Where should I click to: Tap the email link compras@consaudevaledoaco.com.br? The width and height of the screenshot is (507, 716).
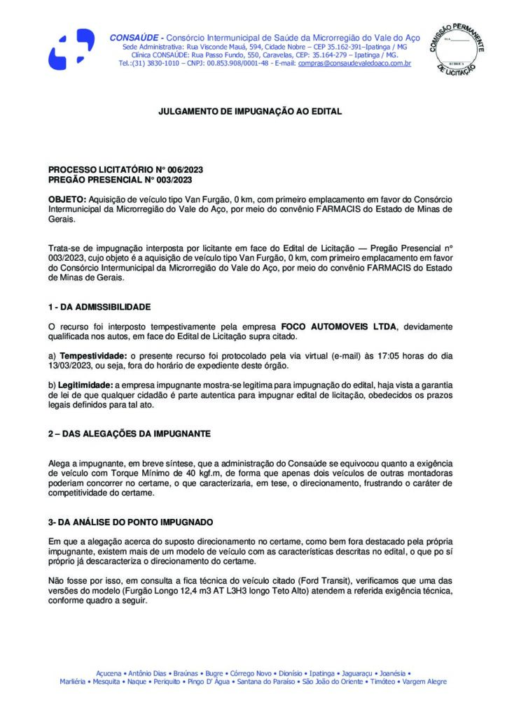click(354, 64)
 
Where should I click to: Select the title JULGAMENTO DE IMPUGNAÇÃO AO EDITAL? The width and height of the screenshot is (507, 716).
click(250, 111)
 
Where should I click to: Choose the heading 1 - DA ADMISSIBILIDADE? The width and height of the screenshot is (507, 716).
click(99, 307)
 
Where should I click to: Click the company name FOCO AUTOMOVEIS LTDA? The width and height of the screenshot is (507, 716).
click(339, 327)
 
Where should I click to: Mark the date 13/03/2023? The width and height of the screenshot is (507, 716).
click(73, 366)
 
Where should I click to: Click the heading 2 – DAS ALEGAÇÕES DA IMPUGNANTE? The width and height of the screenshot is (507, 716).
click(130, 434)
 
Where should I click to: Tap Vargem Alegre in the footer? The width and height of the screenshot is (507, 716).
click(426, 681)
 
